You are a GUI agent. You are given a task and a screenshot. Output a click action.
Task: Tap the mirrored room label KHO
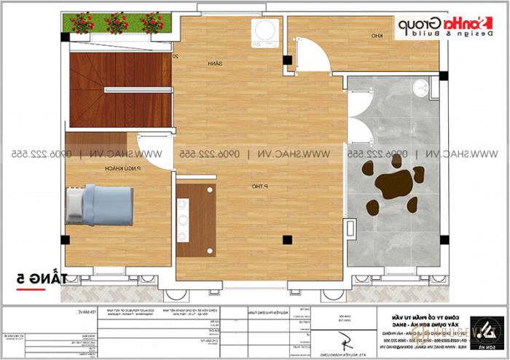coord(377,36)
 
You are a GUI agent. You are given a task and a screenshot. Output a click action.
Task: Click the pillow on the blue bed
coord(76,205)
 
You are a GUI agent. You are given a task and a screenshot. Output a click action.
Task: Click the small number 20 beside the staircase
coord(176,55)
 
